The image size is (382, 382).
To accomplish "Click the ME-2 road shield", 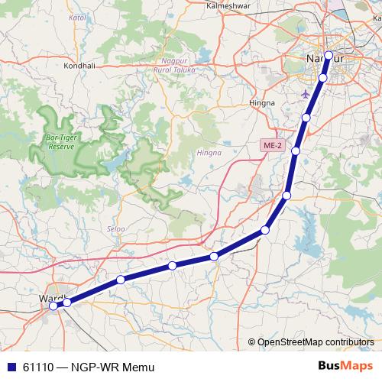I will point(270,144).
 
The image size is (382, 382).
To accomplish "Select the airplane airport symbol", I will point(308,94).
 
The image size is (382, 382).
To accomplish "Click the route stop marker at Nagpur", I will point(329,55).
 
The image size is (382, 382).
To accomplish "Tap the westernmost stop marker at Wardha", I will point(53,306).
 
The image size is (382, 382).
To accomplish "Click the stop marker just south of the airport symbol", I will point(306,117).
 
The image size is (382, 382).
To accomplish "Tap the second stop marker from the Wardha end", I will point(67,303).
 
